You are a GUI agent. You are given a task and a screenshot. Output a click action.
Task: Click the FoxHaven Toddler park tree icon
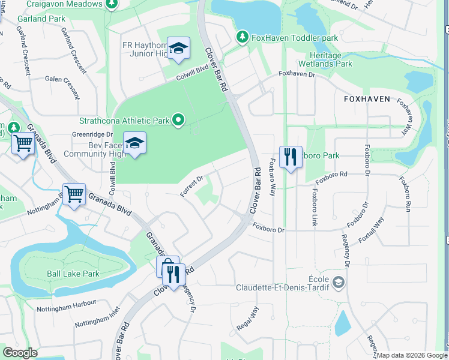tap(243, 38)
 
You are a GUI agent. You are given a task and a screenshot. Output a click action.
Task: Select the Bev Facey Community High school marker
tap(135, 143)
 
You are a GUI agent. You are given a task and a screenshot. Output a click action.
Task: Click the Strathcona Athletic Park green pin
tap(178, 121)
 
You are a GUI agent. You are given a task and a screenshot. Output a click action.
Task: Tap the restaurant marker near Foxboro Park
tap(291, 158)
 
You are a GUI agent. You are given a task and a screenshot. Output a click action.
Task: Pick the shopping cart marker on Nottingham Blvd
tap(74, 194)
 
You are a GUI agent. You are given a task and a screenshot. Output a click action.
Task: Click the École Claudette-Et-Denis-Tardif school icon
tap(339, 281)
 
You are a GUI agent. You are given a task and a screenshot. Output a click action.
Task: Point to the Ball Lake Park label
tap(73, 274)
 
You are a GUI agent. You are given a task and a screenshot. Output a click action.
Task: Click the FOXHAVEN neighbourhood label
tap(367, 98)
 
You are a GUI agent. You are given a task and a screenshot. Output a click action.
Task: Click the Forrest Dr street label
tap(193, 185)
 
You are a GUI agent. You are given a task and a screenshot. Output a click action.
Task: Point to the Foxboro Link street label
tap(313, 208)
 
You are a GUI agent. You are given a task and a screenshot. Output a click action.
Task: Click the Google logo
tap(20, 353)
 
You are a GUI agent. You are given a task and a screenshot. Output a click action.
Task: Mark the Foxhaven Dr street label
tap(297, 74)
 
